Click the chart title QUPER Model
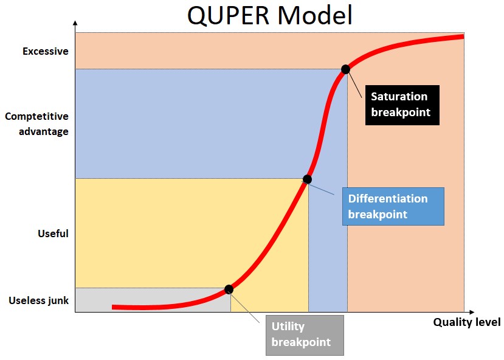[269, 16]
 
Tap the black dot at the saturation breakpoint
[345, 69]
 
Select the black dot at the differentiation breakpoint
[307, 179]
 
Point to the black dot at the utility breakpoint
[229, 289]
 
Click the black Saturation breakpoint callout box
[402, 105]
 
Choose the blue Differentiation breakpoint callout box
[393, 206]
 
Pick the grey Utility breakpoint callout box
[305, 335]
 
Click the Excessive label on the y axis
[46, 52]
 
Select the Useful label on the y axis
[54, 234]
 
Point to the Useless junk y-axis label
[39, 300]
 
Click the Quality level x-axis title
[466, 322]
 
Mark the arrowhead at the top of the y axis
[75, 22]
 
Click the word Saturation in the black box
[399, 97]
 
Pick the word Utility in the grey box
[288, 327]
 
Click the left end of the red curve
[114, 307]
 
